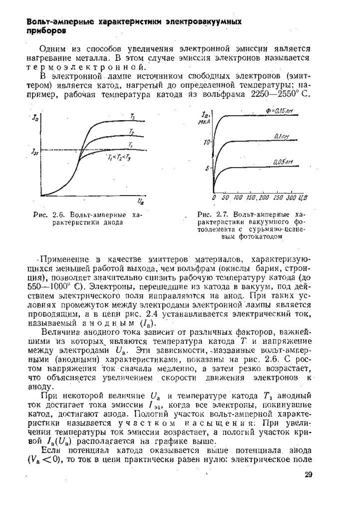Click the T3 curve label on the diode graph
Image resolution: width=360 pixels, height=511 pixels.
132,116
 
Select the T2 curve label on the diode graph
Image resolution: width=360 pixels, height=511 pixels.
131,132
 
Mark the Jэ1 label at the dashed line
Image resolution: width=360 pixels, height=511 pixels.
35,152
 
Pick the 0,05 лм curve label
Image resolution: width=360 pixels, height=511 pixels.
283,162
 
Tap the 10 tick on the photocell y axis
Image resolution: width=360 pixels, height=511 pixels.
205,143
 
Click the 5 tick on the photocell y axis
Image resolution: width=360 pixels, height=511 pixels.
207,169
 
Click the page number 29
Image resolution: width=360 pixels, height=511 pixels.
308,475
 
